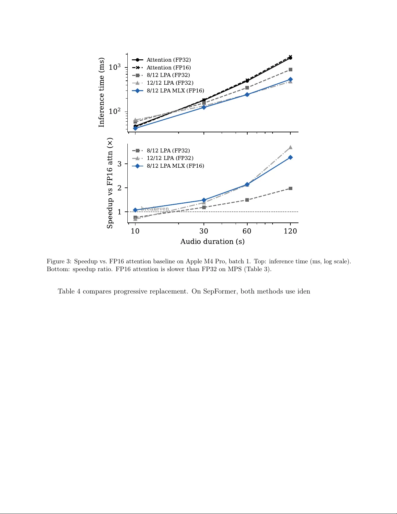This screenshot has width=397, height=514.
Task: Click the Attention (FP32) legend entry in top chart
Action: (169, 60)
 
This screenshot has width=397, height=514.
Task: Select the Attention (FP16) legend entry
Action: (169, 68)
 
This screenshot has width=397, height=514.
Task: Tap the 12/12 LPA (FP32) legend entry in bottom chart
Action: (170, 158)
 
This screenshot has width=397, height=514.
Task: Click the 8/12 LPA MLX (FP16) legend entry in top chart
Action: (175, 91)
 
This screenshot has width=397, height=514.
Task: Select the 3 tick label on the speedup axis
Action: (120, 164)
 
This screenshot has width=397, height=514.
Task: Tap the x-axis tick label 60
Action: (247, 231)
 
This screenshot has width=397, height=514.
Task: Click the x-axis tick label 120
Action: (290, 231)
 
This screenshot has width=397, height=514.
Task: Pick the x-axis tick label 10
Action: (135, 231)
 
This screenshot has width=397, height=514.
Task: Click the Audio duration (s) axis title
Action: (212, 242)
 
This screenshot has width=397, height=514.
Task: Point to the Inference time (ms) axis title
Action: (102, 92)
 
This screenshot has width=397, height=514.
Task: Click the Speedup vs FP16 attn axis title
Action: (110, 183)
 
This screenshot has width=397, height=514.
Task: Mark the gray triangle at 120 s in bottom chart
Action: (290, 147)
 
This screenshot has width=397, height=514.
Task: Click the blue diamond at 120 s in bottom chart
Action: (290, 158)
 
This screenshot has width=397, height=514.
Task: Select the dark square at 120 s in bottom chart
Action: (290, 188)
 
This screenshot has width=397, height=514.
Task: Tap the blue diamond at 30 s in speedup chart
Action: (204, 200)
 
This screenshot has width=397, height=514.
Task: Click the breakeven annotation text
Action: (155, 209)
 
